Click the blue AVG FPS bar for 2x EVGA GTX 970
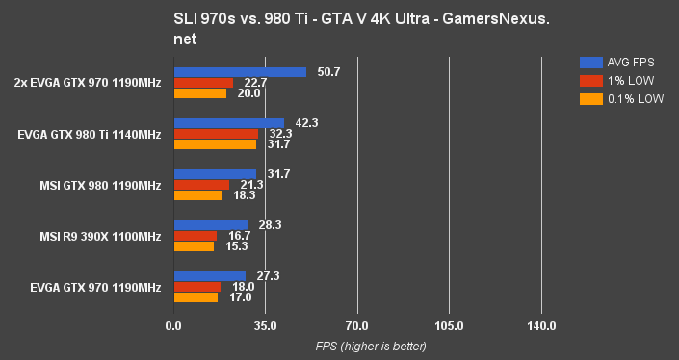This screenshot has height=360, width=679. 240,72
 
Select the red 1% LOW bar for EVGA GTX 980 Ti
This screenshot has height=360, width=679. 216,134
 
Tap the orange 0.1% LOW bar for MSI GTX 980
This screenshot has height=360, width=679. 197,195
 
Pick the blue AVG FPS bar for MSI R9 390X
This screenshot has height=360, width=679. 210,225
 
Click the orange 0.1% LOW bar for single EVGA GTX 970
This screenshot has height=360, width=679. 196,297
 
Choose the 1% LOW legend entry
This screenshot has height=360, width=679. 617,80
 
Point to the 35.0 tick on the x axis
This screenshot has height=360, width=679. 265,326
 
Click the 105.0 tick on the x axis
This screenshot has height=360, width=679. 449,326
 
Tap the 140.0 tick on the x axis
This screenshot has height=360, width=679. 541,326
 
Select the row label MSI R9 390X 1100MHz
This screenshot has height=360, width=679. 100,236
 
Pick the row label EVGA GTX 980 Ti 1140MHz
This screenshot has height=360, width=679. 89,134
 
